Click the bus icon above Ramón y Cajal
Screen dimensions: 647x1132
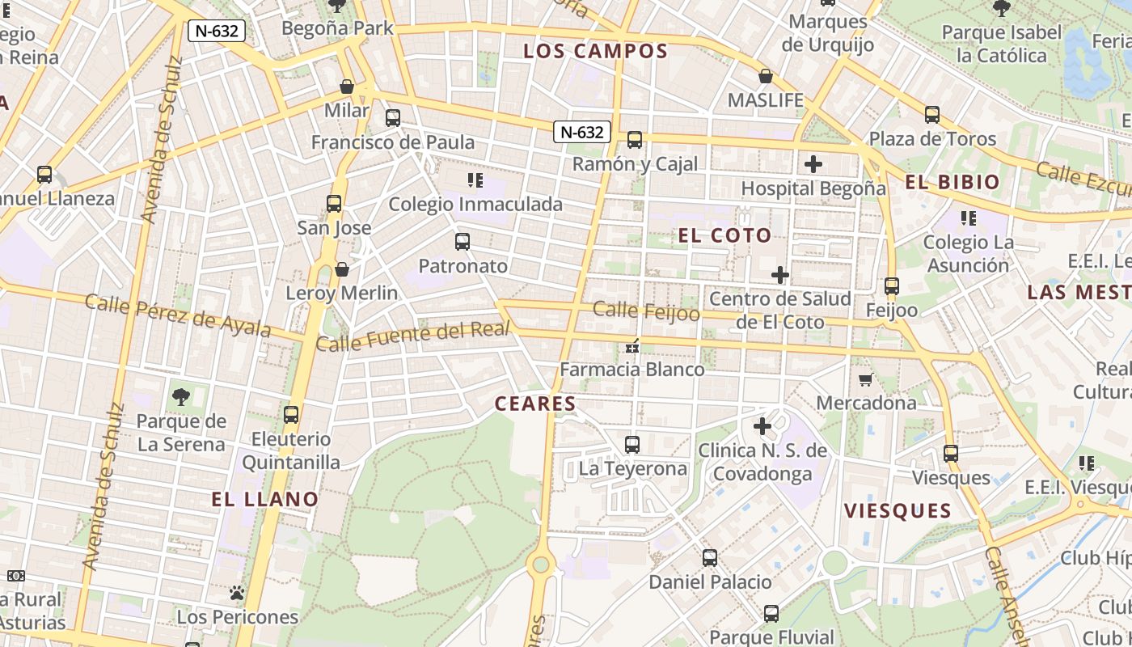635,140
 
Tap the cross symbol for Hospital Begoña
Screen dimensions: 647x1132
813,165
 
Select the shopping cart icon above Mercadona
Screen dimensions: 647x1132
865,379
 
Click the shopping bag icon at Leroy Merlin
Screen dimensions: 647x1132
342,269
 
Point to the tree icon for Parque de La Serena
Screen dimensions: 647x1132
180,396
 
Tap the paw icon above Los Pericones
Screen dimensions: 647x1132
237,594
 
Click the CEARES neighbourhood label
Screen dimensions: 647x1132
535,404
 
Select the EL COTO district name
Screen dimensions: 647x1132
725,235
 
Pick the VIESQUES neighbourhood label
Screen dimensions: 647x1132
898,510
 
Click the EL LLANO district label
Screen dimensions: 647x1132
265,499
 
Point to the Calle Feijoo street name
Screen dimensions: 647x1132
646,311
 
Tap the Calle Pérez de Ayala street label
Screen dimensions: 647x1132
178,315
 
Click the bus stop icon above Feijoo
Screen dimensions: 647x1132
892,286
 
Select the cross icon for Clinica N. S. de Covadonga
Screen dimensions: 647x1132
762,425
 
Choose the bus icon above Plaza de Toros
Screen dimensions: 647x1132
932,115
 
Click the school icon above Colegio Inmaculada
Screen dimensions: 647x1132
475,180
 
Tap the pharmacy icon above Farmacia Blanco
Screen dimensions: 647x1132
632,346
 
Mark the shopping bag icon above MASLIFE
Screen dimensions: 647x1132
766,77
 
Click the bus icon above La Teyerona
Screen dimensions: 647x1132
632,445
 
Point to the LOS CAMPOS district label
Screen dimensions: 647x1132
595,51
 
